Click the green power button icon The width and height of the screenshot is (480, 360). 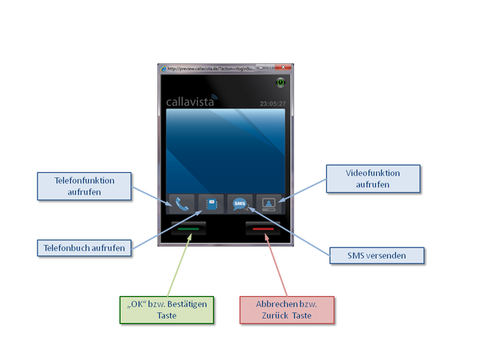pos(281,82)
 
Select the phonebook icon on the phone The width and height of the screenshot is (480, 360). pos(211,204)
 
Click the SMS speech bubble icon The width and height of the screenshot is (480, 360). pos(240,204)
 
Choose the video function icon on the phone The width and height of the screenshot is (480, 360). pos(269,204)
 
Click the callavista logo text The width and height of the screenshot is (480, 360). pos(190,103)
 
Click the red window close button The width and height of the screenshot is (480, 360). pos(285,68)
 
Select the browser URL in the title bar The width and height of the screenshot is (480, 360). pos(209,68)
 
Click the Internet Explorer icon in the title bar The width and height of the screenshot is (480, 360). pos(163,68)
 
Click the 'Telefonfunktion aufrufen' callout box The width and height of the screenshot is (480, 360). pos(85,186)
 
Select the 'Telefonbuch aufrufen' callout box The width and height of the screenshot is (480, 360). pos(85,248)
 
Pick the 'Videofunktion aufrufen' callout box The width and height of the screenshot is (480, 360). pos(373,179)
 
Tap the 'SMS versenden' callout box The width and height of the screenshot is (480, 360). pos(377,255)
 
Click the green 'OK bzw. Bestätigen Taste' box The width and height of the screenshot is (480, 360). pos(167,310)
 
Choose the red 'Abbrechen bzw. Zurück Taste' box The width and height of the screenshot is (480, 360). pos(287,310)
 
